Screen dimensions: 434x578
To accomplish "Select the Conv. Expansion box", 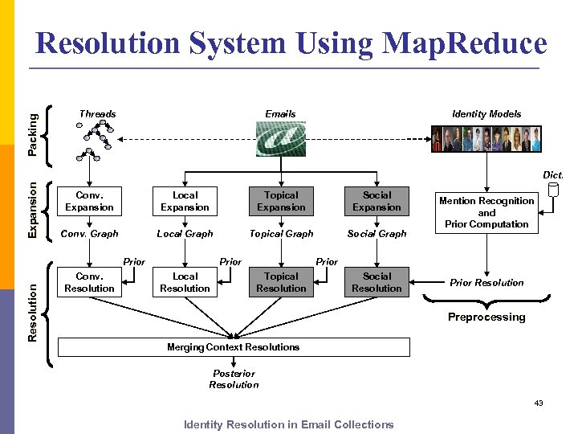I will coord(90,201).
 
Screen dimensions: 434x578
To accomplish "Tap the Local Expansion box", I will coord(185,201).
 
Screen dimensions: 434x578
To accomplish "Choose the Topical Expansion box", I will coord(281,201).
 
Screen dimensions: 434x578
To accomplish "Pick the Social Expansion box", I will coord(377,201).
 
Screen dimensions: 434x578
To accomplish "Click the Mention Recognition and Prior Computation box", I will coord(486,212).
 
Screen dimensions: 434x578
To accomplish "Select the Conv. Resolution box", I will coord(90,282).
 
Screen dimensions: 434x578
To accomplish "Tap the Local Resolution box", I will coord(185,282).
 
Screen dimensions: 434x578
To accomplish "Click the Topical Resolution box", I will coord(281,282).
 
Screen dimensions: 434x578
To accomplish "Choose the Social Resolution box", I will coord(377,282).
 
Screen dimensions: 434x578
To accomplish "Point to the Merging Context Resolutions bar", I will coord(234,347).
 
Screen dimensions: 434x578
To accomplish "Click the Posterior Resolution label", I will coord(234,379).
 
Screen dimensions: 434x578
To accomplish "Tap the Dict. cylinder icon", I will coord(552,191).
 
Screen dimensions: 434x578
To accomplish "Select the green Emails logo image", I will coord(280,138).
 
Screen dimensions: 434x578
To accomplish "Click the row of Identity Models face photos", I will coord(487,139).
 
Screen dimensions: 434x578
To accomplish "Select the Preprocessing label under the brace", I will coord(486,317).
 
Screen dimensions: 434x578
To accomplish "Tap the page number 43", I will coord(538,403).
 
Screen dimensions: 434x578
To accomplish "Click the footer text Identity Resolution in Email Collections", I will coord(289,424).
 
